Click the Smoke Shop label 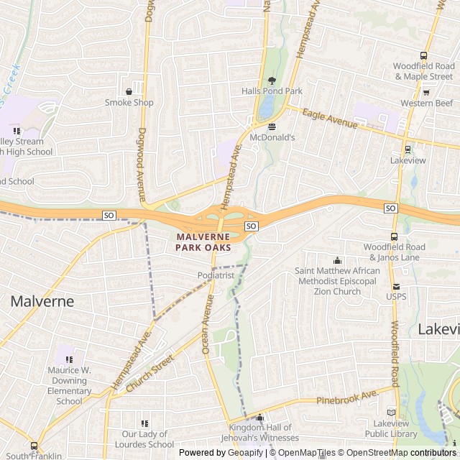[x=129, y=103]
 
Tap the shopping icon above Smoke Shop [x=129, y=91]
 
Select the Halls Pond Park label [x=272, y=91]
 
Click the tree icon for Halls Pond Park [x=272, y=80]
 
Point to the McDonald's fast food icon [x=272, y=126]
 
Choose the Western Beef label [x=427, y=103]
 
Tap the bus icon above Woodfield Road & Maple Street [x=423, y=56]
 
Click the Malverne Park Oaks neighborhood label [x=203, y=241]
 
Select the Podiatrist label [x=216, y=275]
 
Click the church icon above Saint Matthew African [x=337, y=260]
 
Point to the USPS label [x=396, y=296]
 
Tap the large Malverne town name [x=42, y=301]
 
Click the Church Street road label [x=150, y=373]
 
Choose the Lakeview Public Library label [x=391, y=428]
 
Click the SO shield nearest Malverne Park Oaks [x=251, y=226]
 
